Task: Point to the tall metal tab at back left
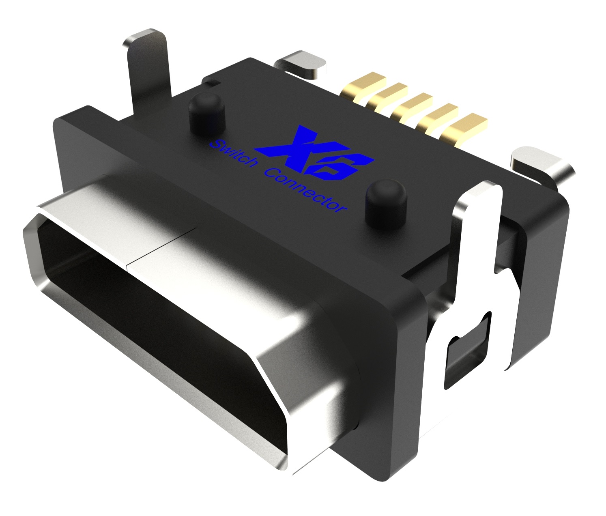[x=148, y=65]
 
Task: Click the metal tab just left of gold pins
[x=302, y=63]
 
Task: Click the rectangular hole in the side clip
[x=466, y=349]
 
